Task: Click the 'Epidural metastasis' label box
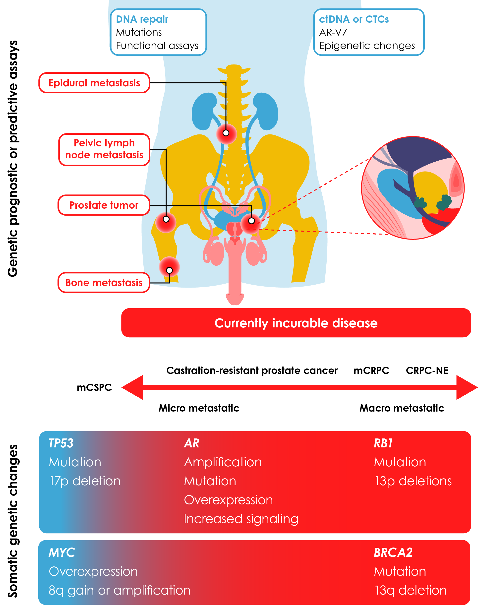(x=94, y=83)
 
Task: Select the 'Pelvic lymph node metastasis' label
(x=104, y=149)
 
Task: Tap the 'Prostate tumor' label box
(x=104, y=205)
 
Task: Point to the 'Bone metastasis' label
(x=104, y=283)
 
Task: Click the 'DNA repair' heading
(x=142, y=19)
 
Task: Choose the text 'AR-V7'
(x=333, y=32)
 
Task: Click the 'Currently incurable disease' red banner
(x=296, y=323)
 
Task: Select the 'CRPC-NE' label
(x=427, y=370)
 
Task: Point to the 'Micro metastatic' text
(x=199, y=408)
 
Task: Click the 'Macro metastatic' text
(x=402, y=408)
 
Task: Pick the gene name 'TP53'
(x=61, y=443)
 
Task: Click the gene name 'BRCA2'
(x=393, y=552)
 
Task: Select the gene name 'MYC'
(x=62, y=552)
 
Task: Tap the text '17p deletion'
(x=85, y=481)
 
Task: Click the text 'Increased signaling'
(x=241, y=519)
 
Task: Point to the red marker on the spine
(x=226, y=133)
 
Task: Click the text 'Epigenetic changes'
(x=367, y=46)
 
